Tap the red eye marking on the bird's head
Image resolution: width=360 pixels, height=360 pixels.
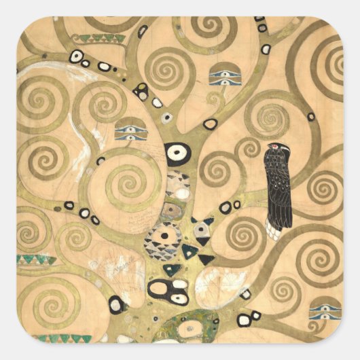[274, 146]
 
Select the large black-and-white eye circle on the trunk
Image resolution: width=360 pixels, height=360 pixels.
[177, 154]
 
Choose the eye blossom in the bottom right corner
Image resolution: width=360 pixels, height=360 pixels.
[324, 312]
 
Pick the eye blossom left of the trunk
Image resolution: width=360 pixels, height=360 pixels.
[130, 129]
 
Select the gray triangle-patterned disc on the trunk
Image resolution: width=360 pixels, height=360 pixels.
[162, 242]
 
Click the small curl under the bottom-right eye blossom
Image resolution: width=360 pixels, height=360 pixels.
[317, 331]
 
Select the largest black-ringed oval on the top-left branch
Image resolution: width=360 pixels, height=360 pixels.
[77, 56]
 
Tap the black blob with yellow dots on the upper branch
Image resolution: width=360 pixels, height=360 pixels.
[141, 91]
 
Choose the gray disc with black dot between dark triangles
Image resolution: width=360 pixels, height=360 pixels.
[202, 231]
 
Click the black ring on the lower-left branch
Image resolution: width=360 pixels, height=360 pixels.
[117, 304]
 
